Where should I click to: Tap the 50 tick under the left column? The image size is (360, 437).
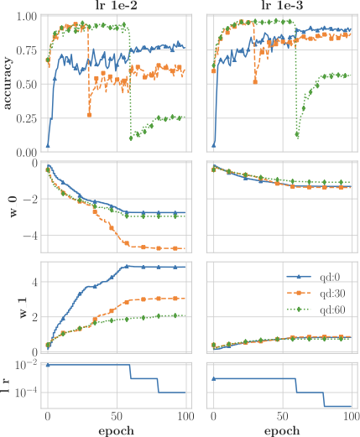pyautogui.click(x=117, y=416)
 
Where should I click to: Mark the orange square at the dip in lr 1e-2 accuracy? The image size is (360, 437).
pyautogui.click(x=90, y=114)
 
